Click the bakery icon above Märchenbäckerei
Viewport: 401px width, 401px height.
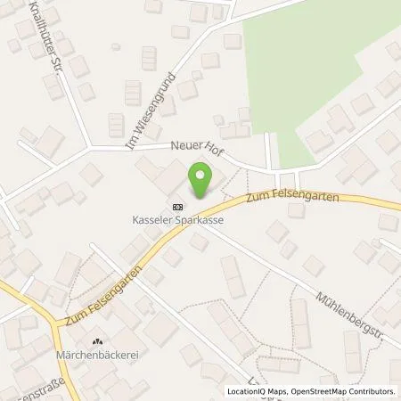pyautogui.click(x=98, y=342)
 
